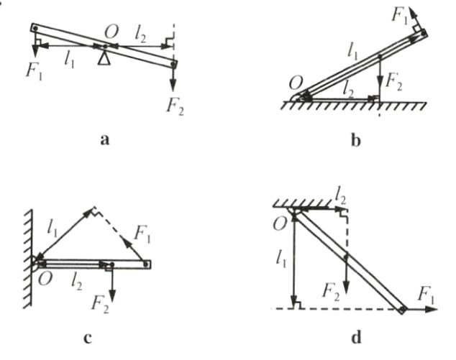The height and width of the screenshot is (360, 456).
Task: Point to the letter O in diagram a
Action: pos(110,32)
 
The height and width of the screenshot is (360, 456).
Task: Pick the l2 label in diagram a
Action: pos(142,31)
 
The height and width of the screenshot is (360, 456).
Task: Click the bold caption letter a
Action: pos(105,142)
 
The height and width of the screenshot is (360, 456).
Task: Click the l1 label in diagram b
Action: pos(352,50)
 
